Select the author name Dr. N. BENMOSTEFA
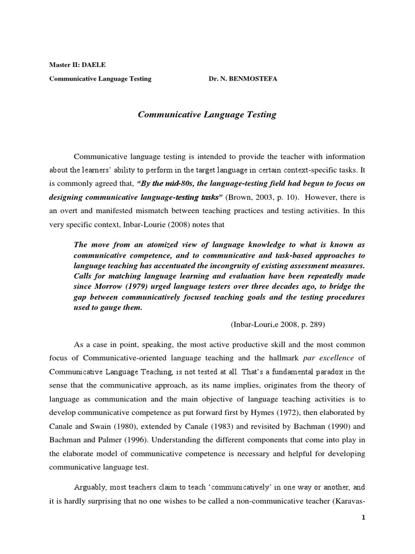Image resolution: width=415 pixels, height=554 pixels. (x=244, y=79)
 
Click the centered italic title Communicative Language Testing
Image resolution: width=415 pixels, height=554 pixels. (x=207, y=115)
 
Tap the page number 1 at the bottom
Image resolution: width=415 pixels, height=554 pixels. (x=364, y=518)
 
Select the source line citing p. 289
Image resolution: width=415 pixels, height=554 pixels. (x=278, y=325)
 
